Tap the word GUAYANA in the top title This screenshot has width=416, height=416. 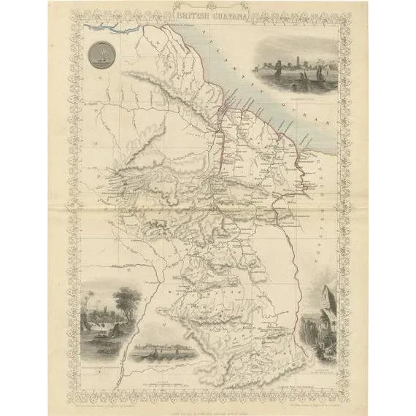point(226,13)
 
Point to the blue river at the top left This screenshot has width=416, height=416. point(109,29)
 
